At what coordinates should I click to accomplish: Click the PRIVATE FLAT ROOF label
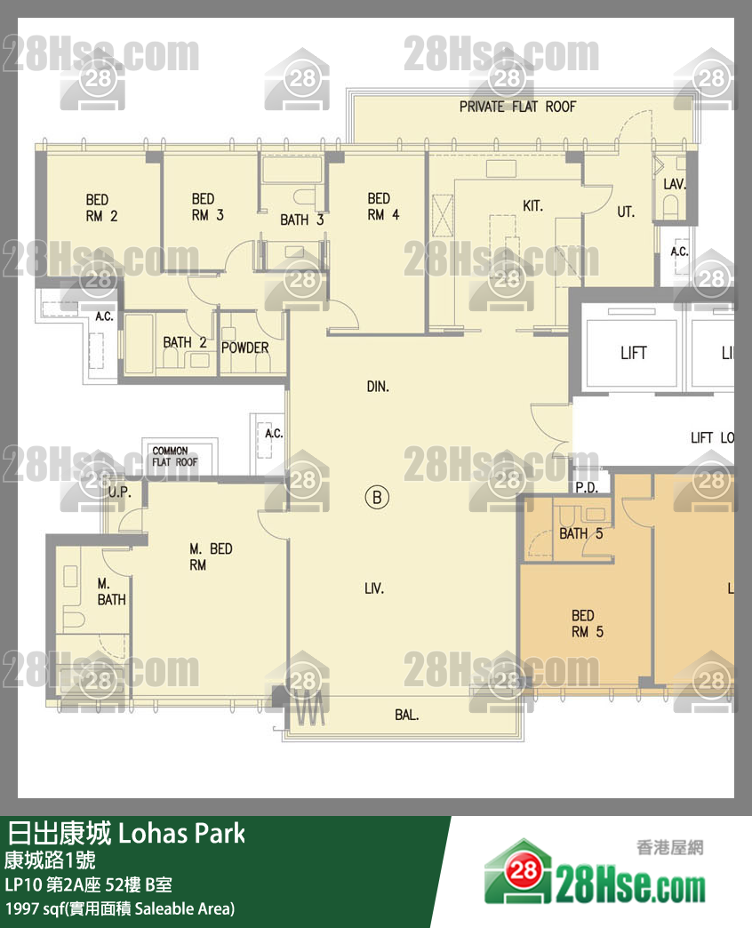[517, 107]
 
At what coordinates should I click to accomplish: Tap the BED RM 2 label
[101, 207]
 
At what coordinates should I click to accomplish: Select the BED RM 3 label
[207, 206]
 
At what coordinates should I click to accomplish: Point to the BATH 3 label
[302, 220]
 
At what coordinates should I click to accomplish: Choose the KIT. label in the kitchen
[532, 206]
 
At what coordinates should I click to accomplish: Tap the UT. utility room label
[626, 212]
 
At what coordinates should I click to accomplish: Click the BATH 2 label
[184, 342]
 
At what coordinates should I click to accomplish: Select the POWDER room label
[244, 348]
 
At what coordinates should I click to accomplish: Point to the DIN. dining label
[378, 387]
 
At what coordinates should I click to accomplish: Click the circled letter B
[377, 498]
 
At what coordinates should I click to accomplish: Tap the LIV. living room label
[374, 588]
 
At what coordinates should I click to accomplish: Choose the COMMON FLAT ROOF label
[175, 457]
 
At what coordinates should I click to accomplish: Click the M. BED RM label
[211, 556]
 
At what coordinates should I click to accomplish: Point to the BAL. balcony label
[407, 715]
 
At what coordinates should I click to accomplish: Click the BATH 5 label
[580, 533]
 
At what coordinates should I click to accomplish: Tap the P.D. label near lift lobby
[586, 488]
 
